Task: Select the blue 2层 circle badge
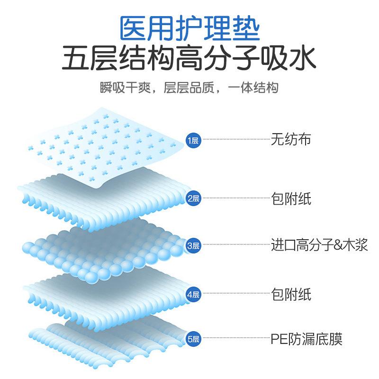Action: [194, 199]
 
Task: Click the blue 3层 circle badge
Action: [194, 245]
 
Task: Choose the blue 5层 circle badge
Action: [194, 339]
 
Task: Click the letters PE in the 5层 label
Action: [277, 339]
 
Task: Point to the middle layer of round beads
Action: [104, 251]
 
